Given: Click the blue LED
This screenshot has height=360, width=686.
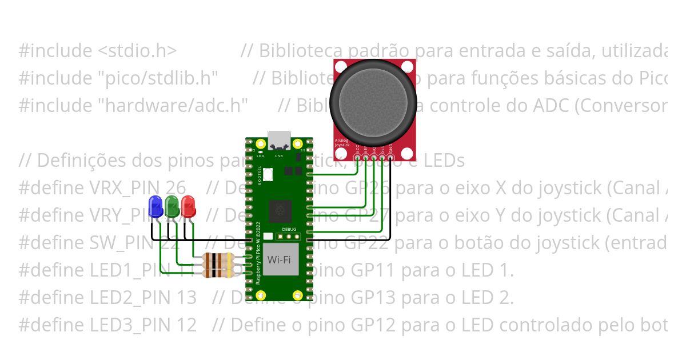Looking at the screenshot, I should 155,206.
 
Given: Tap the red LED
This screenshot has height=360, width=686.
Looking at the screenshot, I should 188,206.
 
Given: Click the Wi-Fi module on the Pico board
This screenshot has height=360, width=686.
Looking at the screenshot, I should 279,261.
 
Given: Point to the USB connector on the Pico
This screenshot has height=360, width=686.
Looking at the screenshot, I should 279,139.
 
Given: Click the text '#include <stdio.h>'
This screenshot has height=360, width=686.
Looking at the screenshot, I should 97,51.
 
